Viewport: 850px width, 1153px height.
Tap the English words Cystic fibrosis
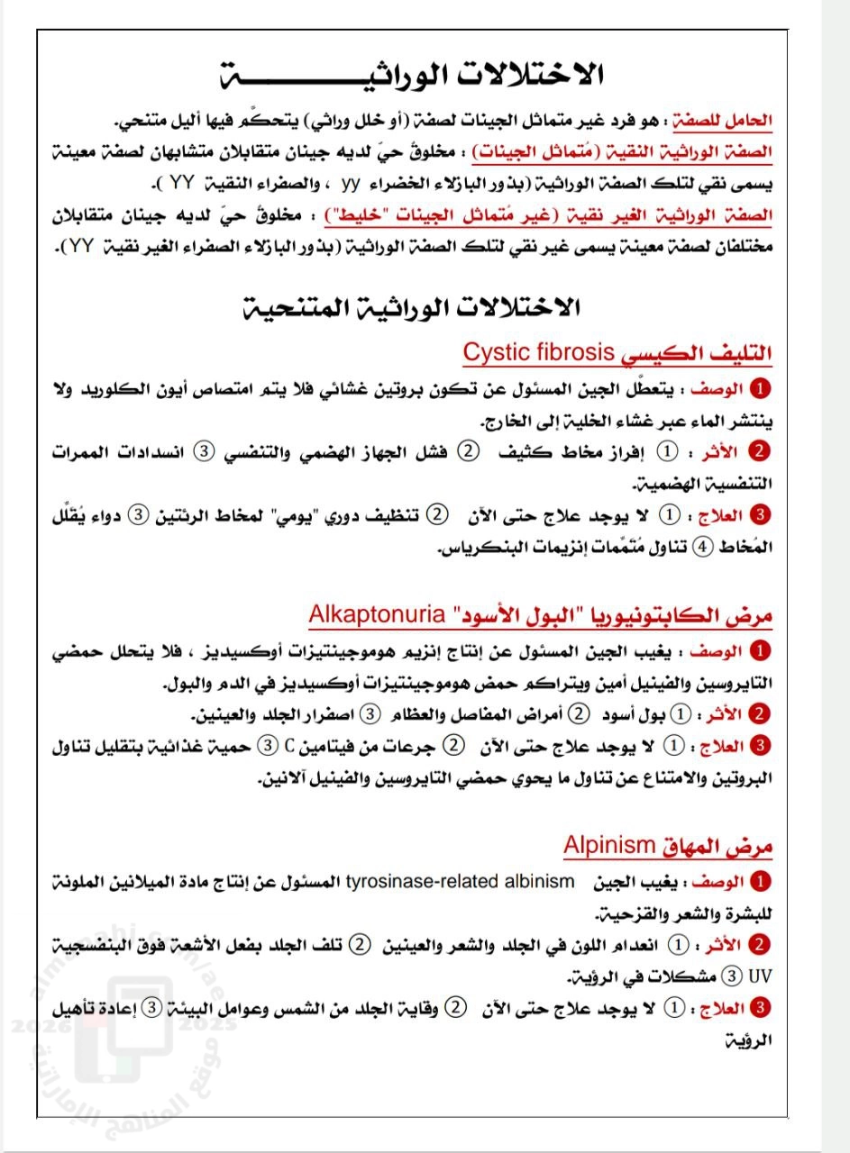(540, 352)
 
